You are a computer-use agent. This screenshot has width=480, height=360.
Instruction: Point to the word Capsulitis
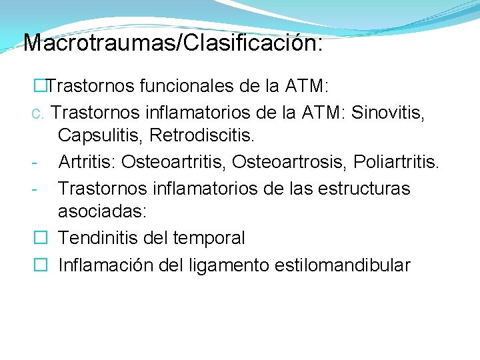[100, 136]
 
